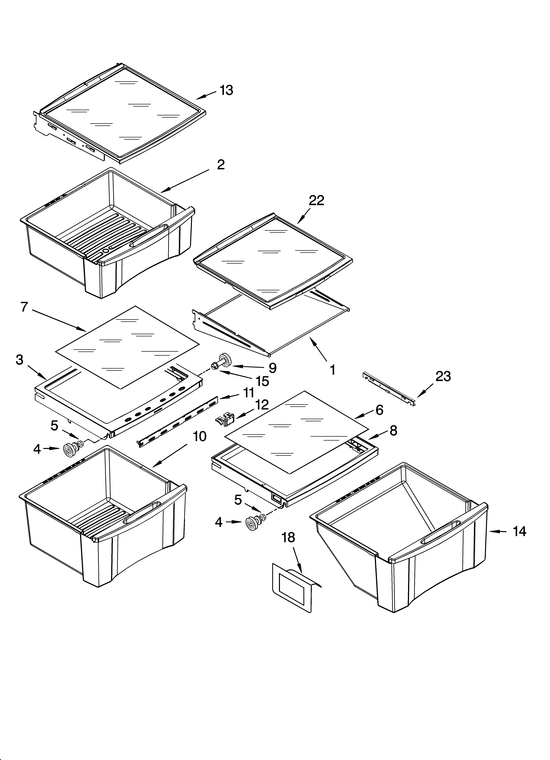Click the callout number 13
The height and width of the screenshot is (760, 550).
(226, 90)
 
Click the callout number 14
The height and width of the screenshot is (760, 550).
(519, 531)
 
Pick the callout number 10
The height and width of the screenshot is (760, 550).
(200, 436)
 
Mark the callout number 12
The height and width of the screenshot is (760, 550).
(262, 405)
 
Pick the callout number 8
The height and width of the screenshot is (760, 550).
(393, 431)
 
